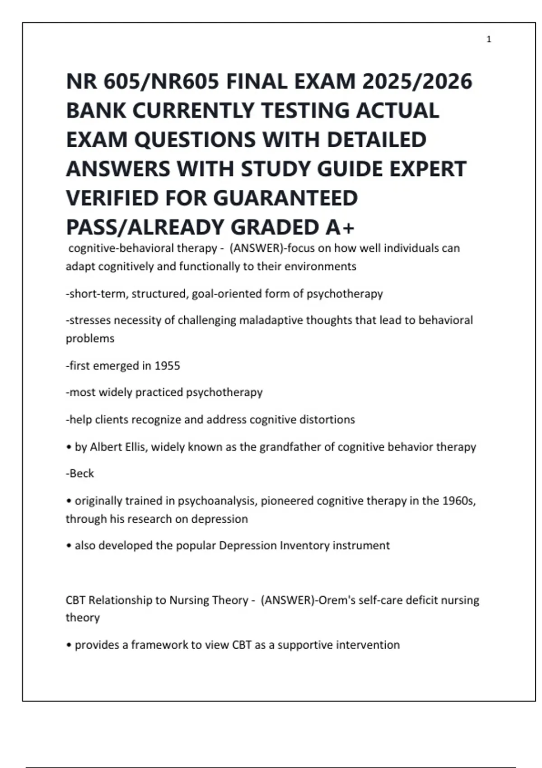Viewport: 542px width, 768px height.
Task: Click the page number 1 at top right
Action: click(489, 40)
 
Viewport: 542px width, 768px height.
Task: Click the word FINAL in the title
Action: click(254, 82)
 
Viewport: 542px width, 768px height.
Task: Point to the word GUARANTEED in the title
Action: click(285, 198)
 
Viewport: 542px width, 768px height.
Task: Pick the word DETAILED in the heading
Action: click(376, 140)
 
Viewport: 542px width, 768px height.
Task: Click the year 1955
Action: click(167, 365)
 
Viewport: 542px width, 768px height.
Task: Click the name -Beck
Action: click(80, 473)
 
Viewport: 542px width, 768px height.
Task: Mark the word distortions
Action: click(332, 420)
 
